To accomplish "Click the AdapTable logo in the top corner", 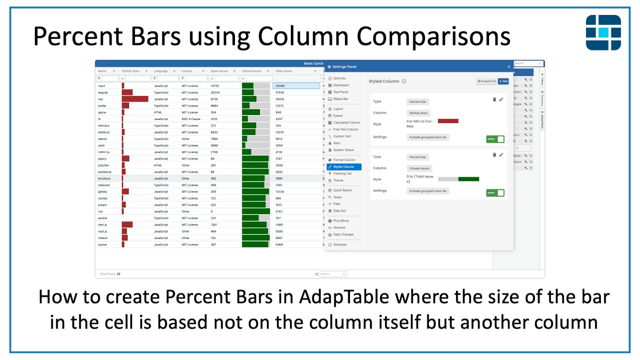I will [603, 32].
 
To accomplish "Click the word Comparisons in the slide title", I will [433, 36].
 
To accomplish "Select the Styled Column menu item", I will [343, 166].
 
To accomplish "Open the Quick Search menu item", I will [342, 190].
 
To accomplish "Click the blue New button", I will [503, 81].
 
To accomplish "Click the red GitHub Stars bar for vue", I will [135, 99].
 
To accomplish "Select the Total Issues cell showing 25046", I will [296, 86].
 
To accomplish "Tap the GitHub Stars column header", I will [131, 71].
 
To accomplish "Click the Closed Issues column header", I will [251, 71].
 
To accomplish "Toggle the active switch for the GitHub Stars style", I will [495, 139].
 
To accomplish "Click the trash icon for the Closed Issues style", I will [494, 155].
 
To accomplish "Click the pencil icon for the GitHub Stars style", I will [501, 99].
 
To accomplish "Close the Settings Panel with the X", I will [509, 66].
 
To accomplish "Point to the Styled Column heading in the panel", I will [384, 81].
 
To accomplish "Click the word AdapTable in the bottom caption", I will [345, 297].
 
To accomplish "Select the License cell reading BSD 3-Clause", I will [190, 119].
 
